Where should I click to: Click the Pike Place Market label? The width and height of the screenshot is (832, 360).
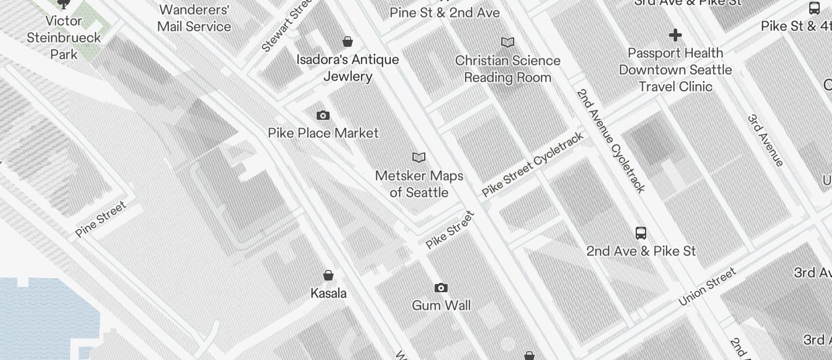[323, 133]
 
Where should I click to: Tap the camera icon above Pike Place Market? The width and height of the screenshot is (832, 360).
[323, 116]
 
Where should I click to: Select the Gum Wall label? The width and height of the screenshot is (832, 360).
[441, 305]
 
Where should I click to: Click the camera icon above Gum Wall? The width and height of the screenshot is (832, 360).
[441, 288]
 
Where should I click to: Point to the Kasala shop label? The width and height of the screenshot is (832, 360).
[328, 293]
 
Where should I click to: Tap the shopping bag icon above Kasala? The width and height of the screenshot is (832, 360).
[328, 275]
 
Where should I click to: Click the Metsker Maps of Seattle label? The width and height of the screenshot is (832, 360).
[419, 184]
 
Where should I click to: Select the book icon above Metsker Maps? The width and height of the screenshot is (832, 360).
[419, 157]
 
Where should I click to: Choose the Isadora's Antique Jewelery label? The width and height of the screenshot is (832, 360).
[348, 68]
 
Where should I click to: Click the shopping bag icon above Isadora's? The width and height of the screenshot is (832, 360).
[348, 41]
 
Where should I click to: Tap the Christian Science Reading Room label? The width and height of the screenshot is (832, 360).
[508, 69]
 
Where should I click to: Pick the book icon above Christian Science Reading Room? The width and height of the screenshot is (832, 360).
[508, 42]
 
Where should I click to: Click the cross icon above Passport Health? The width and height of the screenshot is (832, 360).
[675, 35]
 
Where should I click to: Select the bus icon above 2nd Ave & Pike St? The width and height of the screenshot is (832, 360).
[641, 233]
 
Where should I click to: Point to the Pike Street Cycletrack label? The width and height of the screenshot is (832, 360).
[532, 165]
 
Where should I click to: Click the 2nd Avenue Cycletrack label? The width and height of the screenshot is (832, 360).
[611, 140]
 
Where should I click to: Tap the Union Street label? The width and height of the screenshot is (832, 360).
[708, 286]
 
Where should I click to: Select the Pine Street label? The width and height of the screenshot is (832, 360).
[100, 219]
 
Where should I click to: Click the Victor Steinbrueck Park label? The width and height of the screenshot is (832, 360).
[64, 37]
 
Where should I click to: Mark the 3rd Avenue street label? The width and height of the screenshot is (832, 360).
[765, 140]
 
